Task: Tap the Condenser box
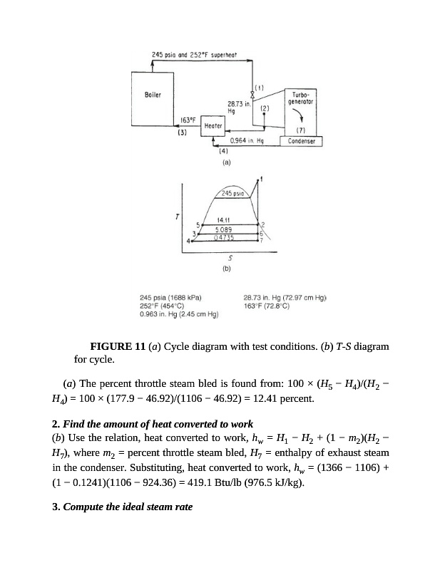coord(301,141)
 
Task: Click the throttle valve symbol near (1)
coord(251,94)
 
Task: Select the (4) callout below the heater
coord(222,152)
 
